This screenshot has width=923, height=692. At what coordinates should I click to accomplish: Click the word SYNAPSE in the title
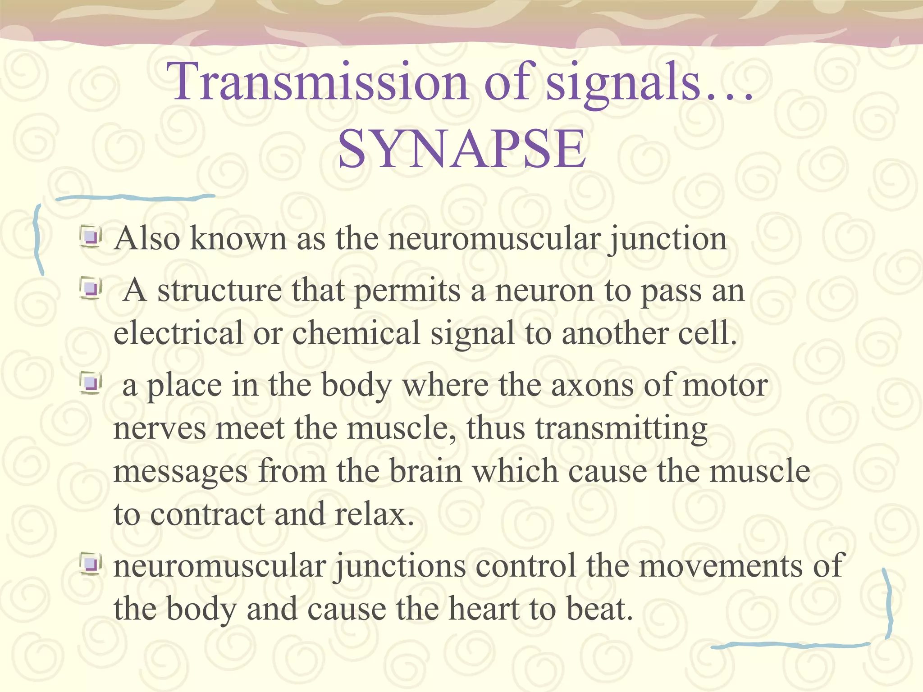click(x=462, y=149)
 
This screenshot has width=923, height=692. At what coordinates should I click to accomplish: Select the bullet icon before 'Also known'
click(x=91, y=237)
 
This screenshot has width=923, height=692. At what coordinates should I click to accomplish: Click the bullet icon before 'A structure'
click(x=91, y=289)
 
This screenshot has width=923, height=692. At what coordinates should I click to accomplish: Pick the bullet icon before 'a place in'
click(x=91, y=384)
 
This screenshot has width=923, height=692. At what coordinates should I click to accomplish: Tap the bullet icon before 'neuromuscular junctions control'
click(x=91, y=565)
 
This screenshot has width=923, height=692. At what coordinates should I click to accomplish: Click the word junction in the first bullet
click(x=667, y=239)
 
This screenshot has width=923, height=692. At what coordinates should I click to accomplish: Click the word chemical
click(x=356, y=333)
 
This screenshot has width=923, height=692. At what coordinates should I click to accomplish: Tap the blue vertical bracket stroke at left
click(x=38, y=239)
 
